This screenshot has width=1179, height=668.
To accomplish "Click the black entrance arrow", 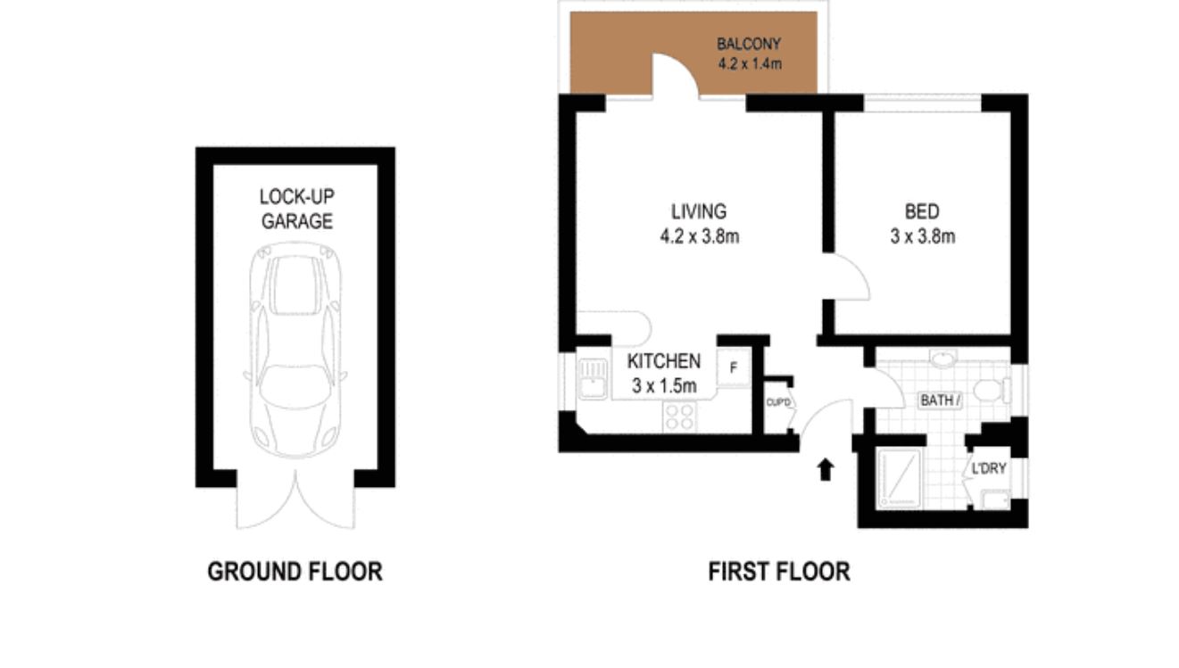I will point(826,469).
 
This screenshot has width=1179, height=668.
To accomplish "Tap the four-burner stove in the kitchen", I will point(679,416).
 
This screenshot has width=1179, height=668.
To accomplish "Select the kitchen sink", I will point(591,378).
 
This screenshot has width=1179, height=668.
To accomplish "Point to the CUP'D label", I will point(778,403).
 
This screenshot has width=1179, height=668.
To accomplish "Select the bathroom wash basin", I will point(942,359).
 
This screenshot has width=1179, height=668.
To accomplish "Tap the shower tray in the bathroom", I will point(898,478).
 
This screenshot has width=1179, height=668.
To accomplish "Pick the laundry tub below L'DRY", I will point(993,499).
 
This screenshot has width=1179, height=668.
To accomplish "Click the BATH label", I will point(940,400).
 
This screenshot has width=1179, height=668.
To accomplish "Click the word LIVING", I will point(699,211).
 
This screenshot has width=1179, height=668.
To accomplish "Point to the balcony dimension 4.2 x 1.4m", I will point(749,63).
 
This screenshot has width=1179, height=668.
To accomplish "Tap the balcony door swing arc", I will point(676,73).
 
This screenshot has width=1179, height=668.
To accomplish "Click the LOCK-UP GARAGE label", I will point(296,209).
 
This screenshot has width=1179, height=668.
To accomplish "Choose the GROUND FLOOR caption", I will point(295,572).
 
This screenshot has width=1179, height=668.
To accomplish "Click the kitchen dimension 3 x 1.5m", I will point(663,386).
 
